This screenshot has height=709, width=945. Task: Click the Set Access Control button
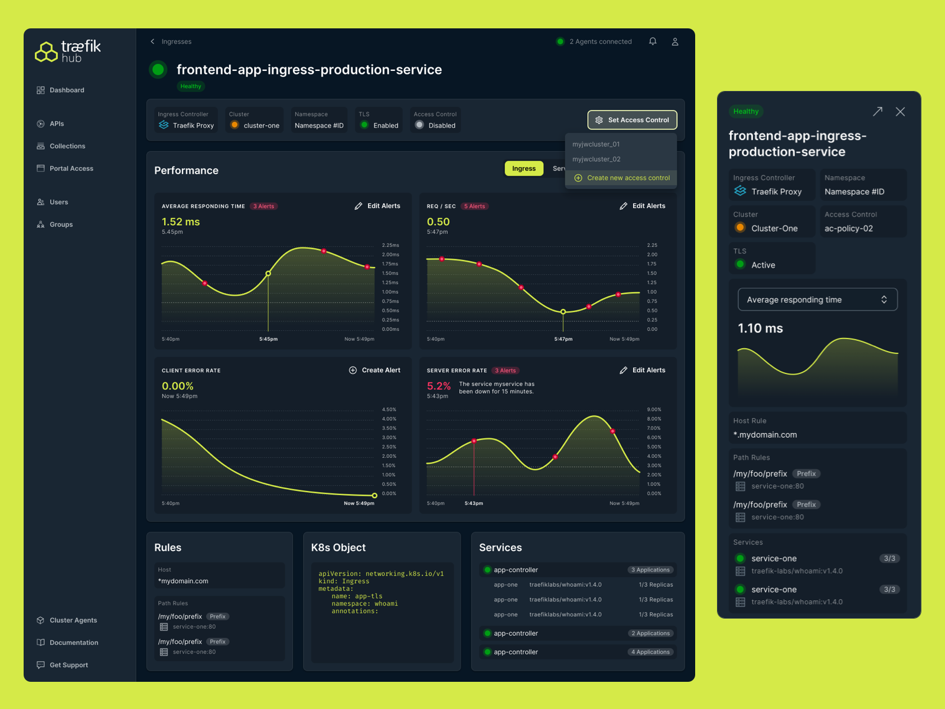(x=632, y=120)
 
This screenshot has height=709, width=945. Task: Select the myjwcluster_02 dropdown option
(x=596, y=159)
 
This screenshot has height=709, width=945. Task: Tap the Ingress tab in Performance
(x=523, y=168)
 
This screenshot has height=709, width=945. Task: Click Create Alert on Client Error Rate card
(x=374, y=370)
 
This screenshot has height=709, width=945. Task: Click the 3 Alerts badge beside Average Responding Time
(x=263, y=206)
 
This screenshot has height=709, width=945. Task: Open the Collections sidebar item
(x=67, y=146)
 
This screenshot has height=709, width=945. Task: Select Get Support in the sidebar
(x=68, y=665)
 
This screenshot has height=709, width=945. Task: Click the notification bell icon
(x=653, y=41)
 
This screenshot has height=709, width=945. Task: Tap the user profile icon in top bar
(x=674, y=41)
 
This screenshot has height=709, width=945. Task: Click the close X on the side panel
(x=900, y=112)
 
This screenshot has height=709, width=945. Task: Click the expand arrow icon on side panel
(x=878, y=112)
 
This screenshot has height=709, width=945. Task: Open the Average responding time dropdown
(x=817, y=300)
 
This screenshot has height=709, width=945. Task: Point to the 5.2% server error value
(x=439, y=386)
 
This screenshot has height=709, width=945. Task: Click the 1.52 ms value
(x=181, y=222)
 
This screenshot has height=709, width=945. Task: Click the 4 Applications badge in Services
(x=650, y=652)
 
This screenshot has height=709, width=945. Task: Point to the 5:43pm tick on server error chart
(x=474, y=503)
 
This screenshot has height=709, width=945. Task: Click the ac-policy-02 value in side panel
(x=848, y=229)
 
